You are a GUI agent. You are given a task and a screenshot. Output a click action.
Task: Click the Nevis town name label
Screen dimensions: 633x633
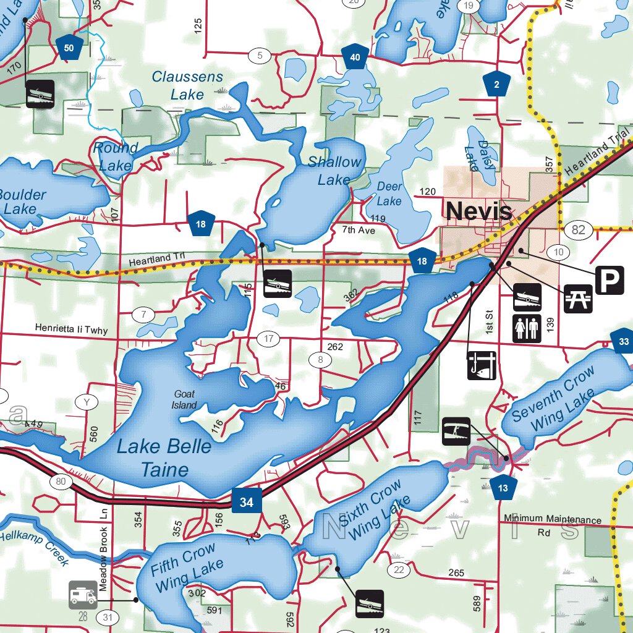pos(478,211)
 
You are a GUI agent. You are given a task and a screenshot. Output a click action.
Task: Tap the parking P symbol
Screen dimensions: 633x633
pos(610,281)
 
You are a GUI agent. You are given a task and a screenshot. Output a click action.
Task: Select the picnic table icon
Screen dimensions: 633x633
pos(579,298)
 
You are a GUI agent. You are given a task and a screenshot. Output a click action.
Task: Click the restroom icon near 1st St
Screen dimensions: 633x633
pos(527,328)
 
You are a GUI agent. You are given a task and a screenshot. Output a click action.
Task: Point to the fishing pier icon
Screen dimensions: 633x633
pos(482,365)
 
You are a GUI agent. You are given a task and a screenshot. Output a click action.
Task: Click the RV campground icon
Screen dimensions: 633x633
pos(83,595)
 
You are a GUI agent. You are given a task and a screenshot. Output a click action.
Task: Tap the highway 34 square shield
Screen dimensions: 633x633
pos(247,502)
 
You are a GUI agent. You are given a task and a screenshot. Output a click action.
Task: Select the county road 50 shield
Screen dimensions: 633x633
pos(69,48)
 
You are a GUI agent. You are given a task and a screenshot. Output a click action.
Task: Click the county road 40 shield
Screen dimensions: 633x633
pos(355,57)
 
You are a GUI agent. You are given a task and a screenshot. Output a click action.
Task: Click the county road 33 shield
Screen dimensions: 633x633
pos(623,341)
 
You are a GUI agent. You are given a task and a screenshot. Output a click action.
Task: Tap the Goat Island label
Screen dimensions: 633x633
pos(184,399)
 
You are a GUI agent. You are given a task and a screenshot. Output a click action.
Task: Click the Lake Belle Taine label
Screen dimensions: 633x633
pos(164,458)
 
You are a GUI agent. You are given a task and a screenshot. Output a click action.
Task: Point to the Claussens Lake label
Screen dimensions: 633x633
pos(187,85)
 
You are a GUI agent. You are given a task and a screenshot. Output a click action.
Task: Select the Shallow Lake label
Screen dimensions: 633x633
pos(334,171)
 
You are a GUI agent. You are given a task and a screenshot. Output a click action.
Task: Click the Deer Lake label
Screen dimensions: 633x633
pos(389,193)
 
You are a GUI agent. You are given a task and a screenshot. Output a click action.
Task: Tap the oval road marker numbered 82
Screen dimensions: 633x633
pos(578,231)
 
